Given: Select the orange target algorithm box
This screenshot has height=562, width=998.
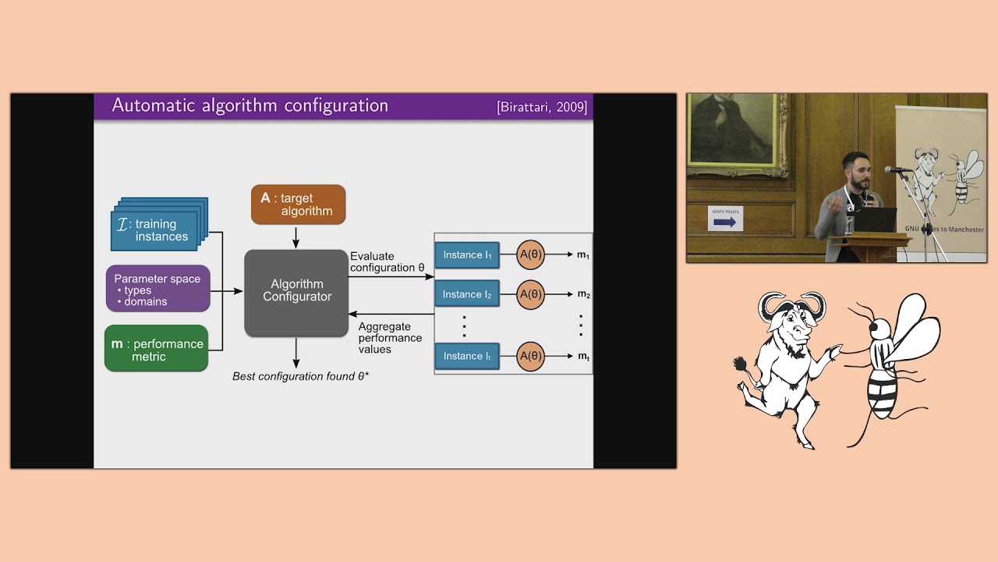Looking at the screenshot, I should (298, 205).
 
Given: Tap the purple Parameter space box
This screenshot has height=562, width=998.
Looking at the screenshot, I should (157, 289).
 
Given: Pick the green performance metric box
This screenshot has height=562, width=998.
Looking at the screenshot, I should (156, 349).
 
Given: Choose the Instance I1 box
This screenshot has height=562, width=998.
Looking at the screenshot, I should (467, 255).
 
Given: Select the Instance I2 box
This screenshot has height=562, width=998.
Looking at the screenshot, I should (467, 294).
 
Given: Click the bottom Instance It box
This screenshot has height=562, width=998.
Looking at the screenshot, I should (467, 356).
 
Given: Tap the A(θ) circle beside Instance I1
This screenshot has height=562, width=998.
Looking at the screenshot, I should (531, 255).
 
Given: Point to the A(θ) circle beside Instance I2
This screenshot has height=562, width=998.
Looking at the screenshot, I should (531, 294).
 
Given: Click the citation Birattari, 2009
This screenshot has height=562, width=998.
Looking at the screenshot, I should (542, 107).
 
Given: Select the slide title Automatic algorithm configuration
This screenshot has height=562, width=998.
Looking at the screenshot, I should (249, 105).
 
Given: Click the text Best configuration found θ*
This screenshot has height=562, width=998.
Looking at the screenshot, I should (300, 376).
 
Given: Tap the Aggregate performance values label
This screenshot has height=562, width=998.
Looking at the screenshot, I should (390, 338).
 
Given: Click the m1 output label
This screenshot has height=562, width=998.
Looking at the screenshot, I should (583, 255).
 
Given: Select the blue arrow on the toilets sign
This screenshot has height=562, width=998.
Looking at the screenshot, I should (724, 222).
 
